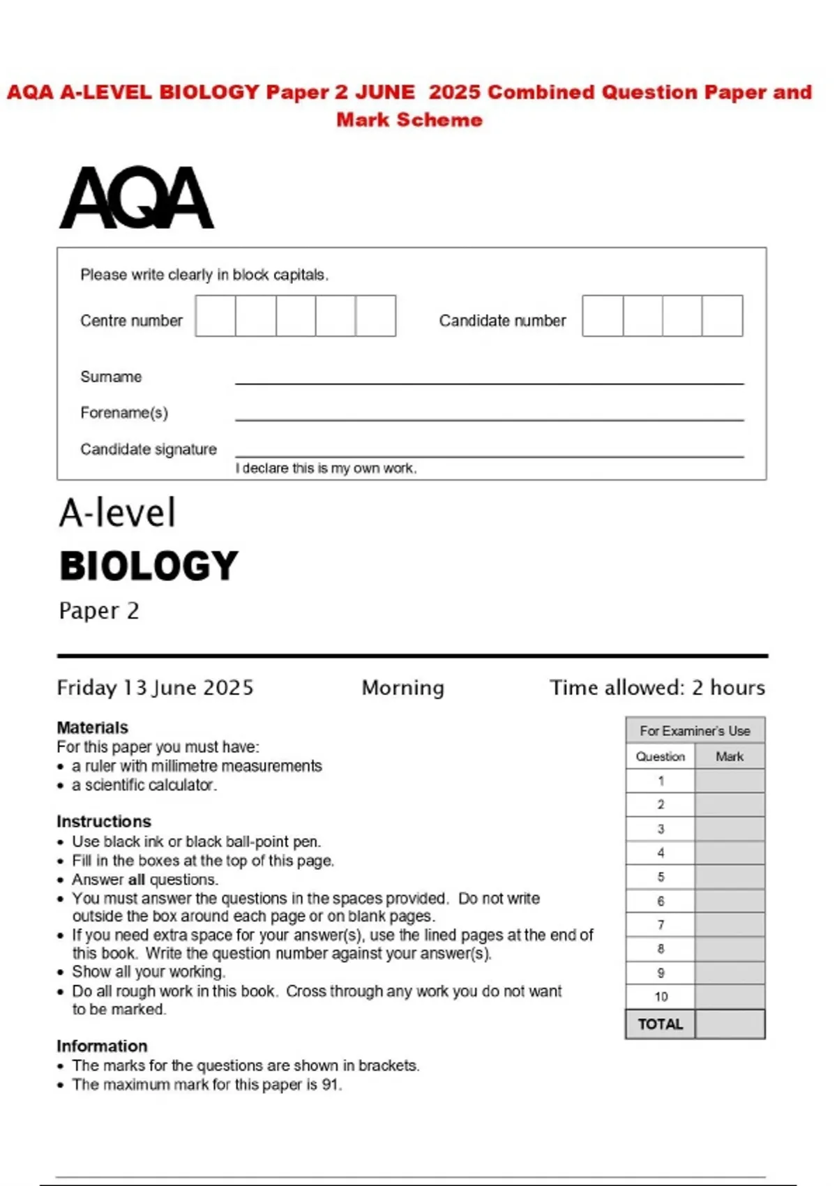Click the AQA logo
137,197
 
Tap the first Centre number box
216,316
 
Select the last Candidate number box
723,316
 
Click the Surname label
111,377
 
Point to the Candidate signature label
149,449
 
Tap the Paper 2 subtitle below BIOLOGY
99,610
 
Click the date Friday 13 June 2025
155,688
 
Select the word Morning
402,688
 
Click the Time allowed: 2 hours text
657,688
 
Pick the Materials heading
92,728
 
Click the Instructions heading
104,821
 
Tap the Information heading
102,1046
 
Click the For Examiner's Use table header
695,731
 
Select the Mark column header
730,756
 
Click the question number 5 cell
661,877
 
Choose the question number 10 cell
661,997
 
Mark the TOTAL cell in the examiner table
660,1024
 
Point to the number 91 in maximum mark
331,1085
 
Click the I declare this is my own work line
326,468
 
